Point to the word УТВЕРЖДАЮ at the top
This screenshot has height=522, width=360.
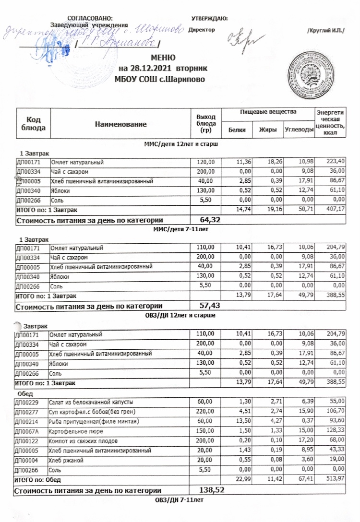coord(209,18)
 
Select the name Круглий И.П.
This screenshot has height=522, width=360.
coord(325,31)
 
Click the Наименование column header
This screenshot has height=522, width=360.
coord(120,124)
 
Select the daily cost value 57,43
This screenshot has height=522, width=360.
coord(210,306)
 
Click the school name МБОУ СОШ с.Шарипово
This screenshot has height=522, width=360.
coord(159,79)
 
